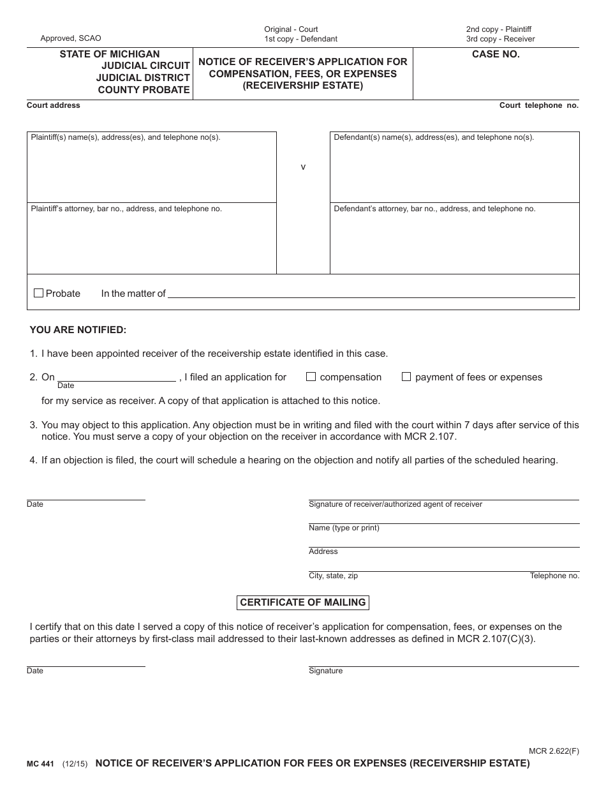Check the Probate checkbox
tap(38, 293)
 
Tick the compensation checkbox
tap(311, 377)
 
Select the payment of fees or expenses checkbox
tap(406, 377)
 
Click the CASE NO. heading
tap(496, 55)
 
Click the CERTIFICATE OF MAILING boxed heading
tap(302, 602)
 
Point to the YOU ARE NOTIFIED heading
tap(78, 330)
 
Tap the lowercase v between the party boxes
tap(303, 167)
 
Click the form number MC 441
tap(40, 763)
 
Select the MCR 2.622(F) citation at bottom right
tap(554, 751)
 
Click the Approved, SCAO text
tap(71, 38)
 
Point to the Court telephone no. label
tap(538, 105)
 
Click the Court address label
tap(54, 105)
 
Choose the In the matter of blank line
tap(370, 294)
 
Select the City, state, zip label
tap(333, 576)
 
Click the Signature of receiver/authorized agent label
tap(395, 504)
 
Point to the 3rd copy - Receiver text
tap(500, 39)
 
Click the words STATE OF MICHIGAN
tap(110, 54)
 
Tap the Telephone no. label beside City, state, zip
tap(554, 576)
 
